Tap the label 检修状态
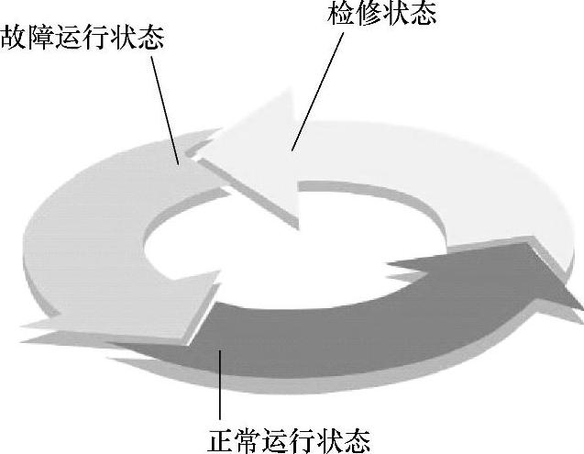(381, 14)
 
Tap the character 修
(368, 14)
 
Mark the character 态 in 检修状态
(423, 14)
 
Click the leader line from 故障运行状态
(167, 110)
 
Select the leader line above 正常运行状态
(220, 385)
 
